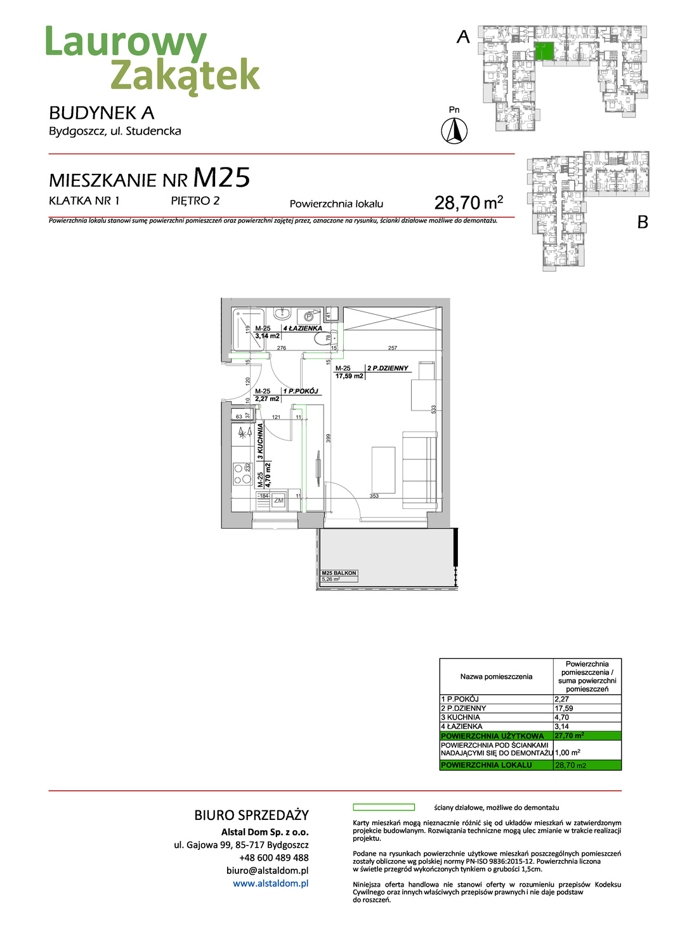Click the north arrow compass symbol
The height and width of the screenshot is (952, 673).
click(454, 131)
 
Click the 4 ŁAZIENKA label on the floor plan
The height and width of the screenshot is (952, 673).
click(303, 328)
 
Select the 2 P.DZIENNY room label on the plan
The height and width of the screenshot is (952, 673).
click(388, 368)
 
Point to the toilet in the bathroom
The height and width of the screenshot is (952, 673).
click(323, 338)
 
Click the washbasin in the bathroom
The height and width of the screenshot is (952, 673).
click(282, 314)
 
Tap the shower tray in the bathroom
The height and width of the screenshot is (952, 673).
click(248, 329)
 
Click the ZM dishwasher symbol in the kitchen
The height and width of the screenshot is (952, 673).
click(278, 501)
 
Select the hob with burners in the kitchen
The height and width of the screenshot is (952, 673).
click(242, 473)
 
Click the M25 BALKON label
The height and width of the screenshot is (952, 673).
click(339, 573)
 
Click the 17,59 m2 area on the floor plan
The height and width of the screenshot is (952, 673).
click(350, 376)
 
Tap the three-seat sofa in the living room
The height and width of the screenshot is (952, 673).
click(420, 468)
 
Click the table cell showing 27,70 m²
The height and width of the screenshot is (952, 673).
click(570, 736)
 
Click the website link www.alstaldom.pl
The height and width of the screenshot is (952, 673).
click(271, 883)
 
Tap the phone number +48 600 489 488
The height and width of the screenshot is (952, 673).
click(274, 857)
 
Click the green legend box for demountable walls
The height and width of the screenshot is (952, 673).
click(383, 807)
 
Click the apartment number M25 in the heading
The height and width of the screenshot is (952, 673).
click(221, 178)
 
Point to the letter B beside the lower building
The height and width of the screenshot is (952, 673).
click(643, 222)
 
